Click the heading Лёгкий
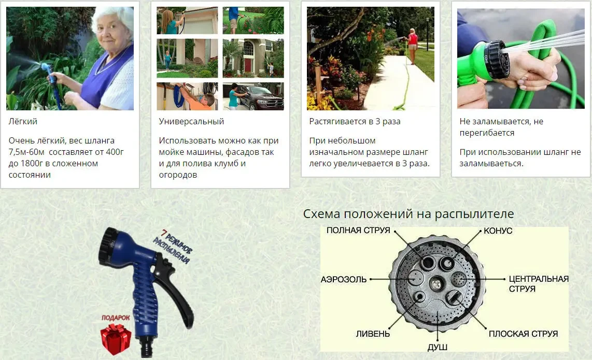(23, 122)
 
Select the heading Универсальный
(191, 122)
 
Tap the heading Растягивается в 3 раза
(355, 122)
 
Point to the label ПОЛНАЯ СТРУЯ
(358, 231)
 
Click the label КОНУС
(498, 231)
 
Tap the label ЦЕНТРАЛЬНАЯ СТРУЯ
(538, 283)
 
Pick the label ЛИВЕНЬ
(373, 334)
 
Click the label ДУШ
(438, 347)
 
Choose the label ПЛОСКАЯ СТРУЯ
(523, 334)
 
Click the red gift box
(115, 339)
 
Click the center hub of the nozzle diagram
(437, 283)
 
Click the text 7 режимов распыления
(172, 251)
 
